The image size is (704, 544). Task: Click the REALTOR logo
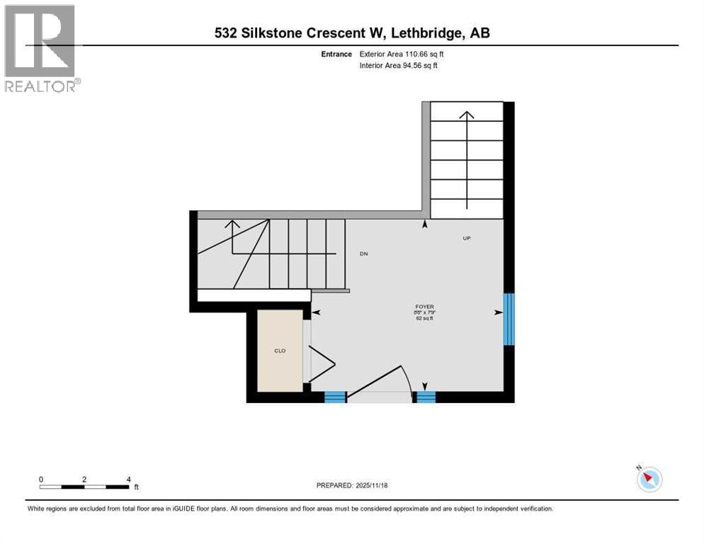coord(41,48)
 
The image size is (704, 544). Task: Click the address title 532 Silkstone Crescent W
coord(352,33)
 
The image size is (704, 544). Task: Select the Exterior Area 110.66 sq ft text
coord(401,54)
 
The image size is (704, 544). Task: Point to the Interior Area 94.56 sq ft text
coord(399,66)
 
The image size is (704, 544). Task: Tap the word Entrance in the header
coord(336,54)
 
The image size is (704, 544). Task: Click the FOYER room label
coord(425,307)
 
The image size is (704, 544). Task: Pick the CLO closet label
coord(280,350)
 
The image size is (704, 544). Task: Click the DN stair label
coord(363,254)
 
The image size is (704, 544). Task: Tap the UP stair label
coord(467,239)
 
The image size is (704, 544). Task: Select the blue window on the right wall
coord(509,319)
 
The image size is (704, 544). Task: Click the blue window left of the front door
coord(335,397)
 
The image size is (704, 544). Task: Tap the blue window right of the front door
coord(426,397)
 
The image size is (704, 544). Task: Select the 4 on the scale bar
coord(128,480)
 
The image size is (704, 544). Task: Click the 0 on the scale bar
coord(41,480)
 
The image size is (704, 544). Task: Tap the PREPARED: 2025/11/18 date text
coord(353,485)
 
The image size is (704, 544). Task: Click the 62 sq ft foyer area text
coord(425,319)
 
